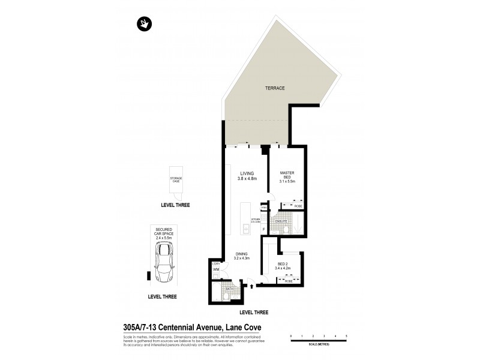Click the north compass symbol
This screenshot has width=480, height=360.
(145, 25)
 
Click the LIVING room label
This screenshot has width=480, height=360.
(247, 175)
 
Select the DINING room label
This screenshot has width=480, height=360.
(241, 254)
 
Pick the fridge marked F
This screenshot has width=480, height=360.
(263, 229)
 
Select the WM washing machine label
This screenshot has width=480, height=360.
(215, 270)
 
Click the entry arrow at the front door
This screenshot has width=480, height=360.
(251, 286)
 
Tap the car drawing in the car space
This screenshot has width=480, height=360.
(164, 262)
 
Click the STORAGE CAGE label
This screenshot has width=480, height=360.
(176, 179)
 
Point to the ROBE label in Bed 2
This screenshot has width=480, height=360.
(288, 280)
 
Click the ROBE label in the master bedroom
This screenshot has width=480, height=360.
(298, 205)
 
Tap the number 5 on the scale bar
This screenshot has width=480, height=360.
(347, 336)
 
